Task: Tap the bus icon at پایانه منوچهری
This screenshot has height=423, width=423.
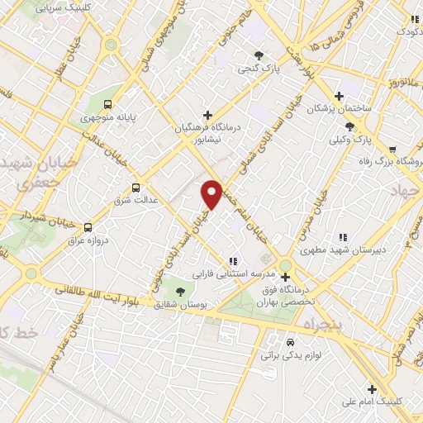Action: (108, 104)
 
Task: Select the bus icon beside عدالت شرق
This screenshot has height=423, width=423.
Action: (136, 188)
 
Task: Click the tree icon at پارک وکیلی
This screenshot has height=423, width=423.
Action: (350, 126)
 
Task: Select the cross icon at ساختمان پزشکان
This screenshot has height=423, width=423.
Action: (339, 96)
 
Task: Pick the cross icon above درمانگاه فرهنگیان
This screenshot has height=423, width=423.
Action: (207, 114)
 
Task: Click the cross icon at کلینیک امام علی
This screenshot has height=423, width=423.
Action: (372, 389)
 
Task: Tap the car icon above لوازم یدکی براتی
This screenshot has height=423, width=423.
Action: (289, 343)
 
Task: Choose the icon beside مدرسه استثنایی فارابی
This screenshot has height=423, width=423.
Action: (233, 263)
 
